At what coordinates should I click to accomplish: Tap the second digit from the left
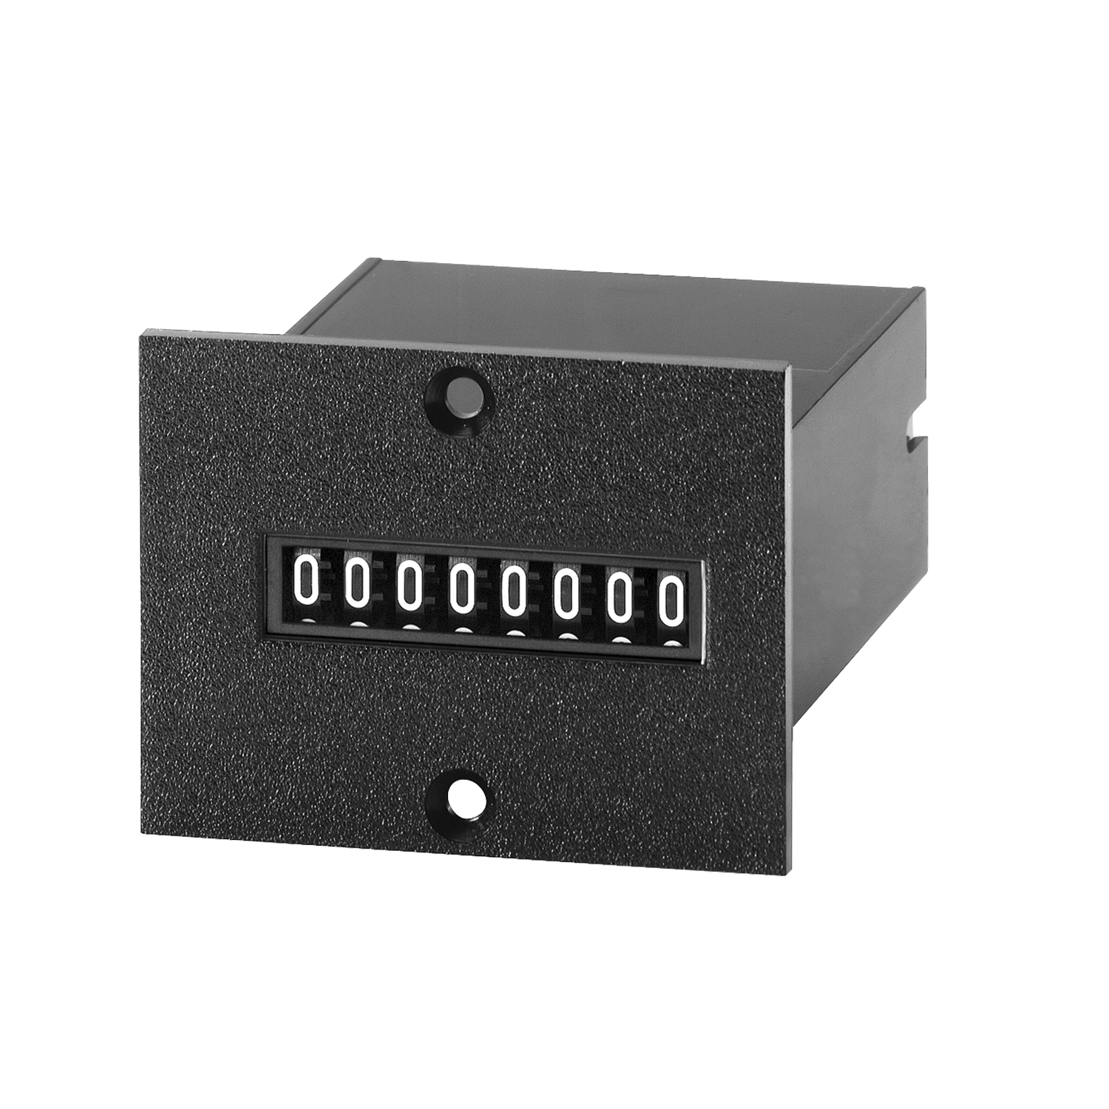(357, 583)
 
